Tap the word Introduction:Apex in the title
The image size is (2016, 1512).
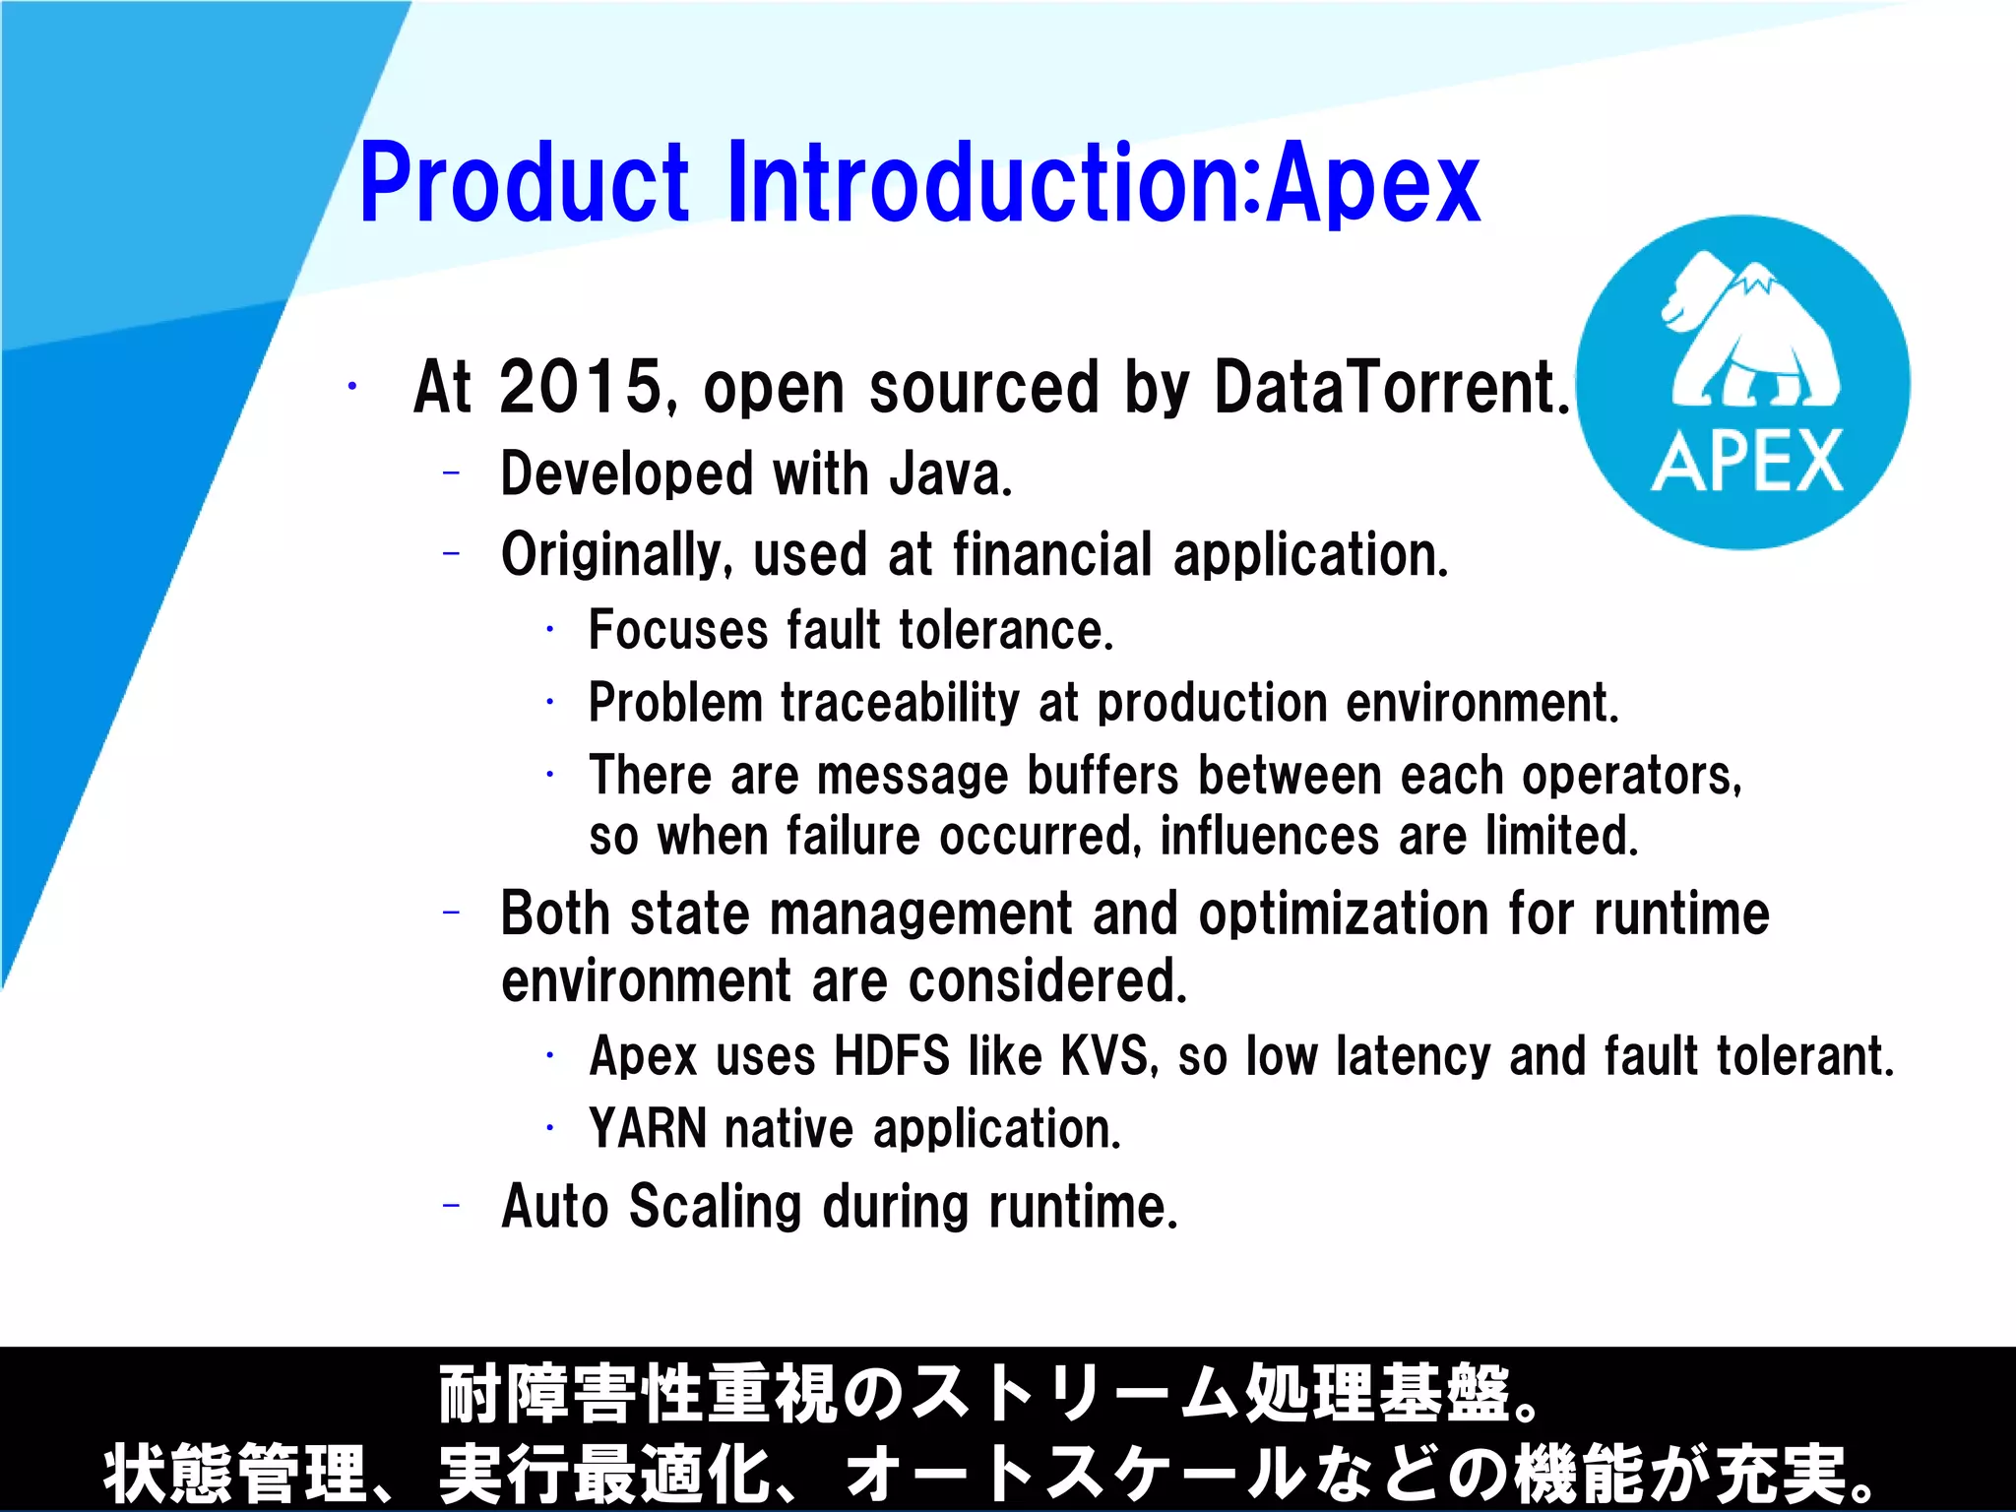click(x=1102, y=183)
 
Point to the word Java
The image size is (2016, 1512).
click(x=950, y=474)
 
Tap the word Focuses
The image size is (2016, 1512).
click(x=678, y=630)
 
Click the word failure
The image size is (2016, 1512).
click(x=852, y=837)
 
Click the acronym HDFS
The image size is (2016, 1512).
click(x=892, y=1056)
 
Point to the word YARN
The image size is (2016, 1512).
click(x=648, y=1129)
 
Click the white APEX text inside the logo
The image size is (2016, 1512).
click(x=1747, y=462)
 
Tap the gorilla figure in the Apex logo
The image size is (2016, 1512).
click(x=1747, y=335)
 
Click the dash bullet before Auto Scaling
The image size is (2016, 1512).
click(x=452, y=1205)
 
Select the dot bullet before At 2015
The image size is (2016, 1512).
click(x=351, y=387)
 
